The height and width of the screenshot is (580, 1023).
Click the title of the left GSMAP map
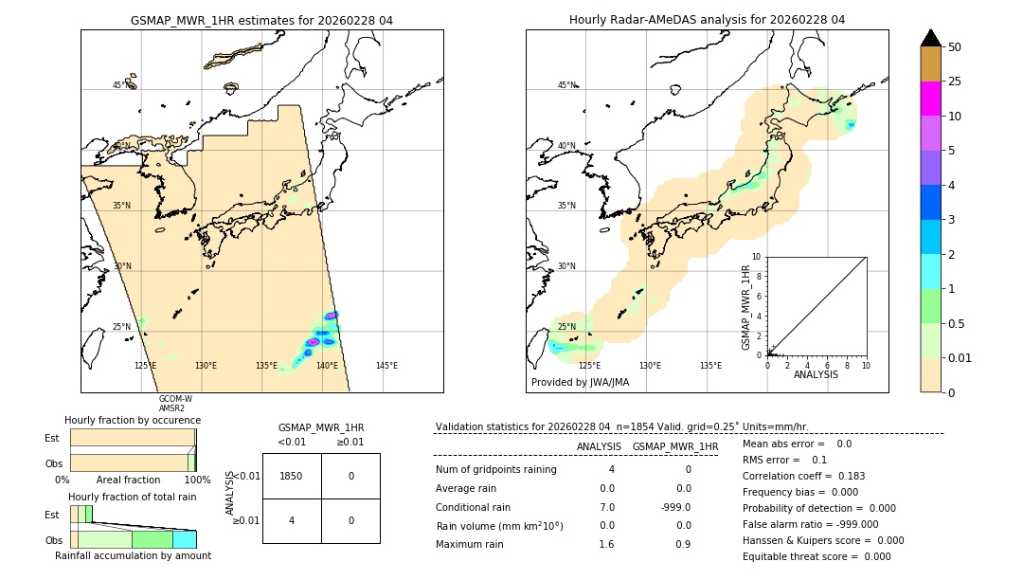click(261, 20)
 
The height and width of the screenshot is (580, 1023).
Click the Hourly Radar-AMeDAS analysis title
click(707, 20)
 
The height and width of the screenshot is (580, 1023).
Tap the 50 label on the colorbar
click(955, 47)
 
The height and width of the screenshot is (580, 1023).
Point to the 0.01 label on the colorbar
click(960, 357)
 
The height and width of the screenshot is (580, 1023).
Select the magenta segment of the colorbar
click(931, 100)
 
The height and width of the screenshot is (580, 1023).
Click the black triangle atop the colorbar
click(931, 38)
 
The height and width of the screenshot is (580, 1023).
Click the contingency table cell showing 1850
click(292, 476)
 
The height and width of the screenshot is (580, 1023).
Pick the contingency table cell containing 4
click(292, 520)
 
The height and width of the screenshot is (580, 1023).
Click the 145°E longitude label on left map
click(386, 366)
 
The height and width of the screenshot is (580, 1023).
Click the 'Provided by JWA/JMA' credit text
click(580, 383)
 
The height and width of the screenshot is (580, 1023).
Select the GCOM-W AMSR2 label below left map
click(175, 404)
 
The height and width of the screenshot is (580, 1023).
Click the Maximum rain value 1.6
click(606, 544)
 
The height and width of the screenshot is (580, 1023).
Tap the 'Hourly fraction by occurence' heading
click(133, 420)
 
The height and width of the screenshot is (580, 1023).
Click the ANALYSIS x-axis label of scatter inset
click(817, 374)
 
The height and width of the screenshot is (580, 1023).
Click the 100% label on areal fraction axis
click(197, 480)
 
